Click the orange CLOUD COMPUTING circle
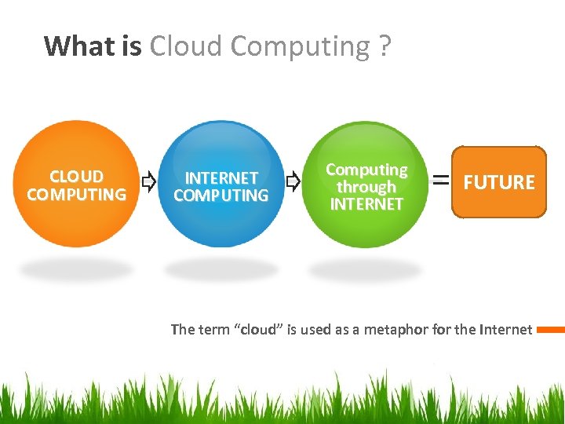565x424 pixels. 76,185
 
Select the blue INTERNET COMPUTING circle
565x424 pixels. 221,185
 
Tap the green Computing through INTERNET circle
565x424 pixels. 366,185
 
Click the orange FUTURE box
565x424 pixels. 499,182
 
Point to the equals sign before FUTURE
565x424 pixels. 442,181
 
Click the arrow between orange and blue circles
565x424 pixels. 148,183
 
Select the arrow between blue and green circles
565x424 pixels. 293,183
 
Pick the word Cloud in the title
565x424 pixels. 186,46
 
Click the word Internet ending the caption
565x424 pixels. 505,330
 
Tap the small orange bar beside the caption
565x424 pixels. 551,330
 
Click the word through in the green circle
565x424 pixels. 366,187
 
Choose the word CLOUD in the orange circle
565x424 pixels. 76,177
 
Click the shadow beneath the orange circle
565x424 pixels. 76,270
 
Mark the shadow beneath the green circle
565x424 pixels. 366,270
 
